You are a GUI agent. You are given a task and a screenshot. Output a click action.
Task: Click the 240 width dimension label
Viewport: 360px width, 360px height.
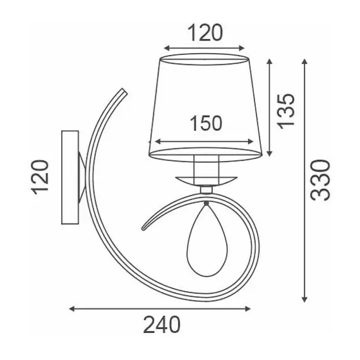pyautogui.click(x=162, y=325)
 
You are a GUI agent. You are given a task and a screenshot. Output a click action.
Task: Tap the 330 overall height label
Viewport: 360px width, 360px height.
pyautogui.click(x=320, y=180)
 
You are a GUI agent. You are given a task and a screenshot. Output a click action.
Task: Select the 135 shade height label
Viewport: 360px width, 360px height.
pyautogui.click(x=285, y=111)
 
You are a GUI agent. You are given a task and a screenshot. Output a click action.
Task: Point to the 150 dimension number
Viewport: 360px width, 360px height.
pyautogui.click(x=207, y=123)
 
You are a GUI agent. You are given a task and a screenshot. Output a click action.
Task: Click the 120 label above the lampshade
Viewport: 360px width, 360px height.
pyautogui.click(x=205, y=33)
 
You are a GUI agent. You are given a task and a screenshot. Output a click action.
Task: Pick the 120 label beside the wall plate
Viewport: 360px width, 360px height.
pyautogui.click(x=40, y=177)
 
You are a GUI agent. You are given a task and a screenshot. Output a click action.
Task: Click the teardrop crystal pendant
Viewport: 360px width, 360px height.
pyautogui.click(x=207, y=240)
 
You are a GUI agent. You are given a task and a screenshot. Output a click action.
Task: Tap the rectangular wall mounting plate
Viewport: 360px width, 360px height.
pyautogui.click(x=70, y=177)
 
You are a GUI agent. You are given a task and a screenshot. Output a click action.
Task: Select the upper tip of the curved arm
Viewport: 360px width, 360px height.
pyautogui.click(x=124, y=91)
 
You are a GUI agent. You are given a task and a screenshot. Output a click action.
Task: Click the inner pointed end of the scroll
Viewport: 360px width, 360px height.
pyautogui.click(x=143, y=229)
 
